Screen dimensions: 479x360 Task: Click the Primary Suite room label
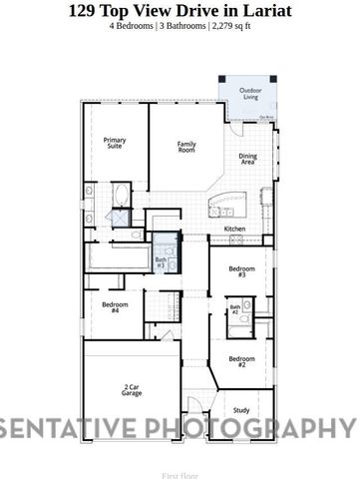[x=115, y=144]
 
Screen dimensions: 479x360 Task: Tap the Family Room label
[x=186, y=146]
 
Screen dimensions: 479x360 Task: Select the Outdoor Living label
[x=250, y=94]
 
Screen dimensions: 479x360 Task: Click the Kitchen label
[x=234, y=229]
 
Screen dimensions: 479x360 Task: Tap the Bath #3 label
[x=161, y=261]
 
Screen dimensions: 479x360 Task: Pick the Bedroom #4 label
[x=115, y=307]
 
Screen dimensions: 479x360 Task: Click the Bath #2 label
[x=235, y=309]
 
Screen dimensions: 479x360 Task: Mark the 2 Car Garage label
[x=133, y=390]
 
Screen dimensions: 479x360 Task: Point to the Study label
[x=241, y=409]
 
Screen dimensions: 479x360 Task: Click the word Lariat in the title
[x=264, y=11]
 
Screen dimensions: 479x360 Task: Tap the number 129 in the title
[x=85, y=11]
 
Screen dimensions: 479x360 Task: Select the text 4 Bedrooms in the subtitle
[x=133, y=27]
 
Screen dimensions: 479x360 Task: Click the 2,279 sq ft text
[x=230, y=27]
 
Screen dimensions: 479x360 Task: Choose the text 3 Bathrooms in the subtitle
[x=181, y=27]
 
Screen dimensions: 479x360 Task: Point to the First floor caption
[x=180, y=464]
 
